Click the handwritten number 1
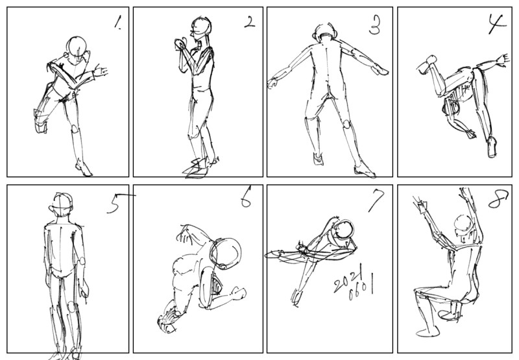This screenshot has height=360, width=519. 117,23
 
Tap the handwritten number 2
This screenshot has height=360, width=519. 250,22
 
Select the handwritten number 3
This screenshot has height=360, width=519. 374,25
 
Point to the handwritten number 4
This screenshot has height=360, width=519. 496,24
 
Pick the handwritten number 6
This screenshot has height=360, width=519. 246,197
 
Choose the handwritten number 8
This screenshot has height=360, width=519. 498,199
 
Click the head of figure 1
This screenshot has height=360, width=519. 77,46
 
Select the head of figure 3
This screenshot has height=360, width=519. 325,32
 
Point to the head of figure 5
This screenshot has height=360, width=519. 62,204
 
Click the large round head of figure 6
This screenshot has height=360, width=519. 226,253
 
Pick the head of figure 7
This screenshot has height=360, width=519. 344,230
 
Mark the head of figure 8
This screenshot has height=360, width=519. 464,224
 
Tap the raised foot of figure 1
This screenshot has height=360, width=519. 41,123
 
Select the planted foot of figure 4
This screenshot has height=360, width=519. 492,147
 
